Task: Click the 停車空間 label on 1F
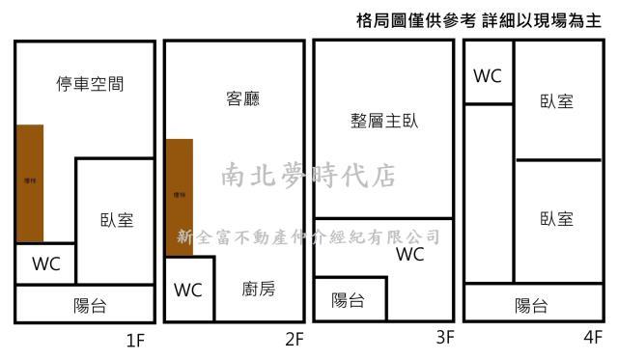(x=90, y=84)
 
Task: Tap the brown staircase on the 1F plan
(x=30, y=182)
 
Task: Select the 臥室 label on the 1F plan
(x=117, y=219)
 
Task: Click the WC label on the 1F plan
(x=46, y=263)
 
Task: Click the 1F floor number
(x=135, y=339)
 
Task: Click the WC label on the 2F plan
(x=188, y=290)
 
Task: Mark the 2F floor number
(x=295, y=339)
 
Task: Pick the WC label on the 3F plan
(x=410, y=255)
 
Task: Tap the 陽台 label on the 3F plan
(x=348, y=300)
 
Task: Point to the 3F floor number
(x=444, y=339)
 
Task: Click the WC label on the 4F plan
(x=488, y=74)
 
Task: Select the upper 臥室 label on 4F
(x=557, y=100)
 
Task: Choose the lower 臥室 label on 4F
(x=557, y=218)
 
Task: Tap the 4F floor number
(x=593, y=339)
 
